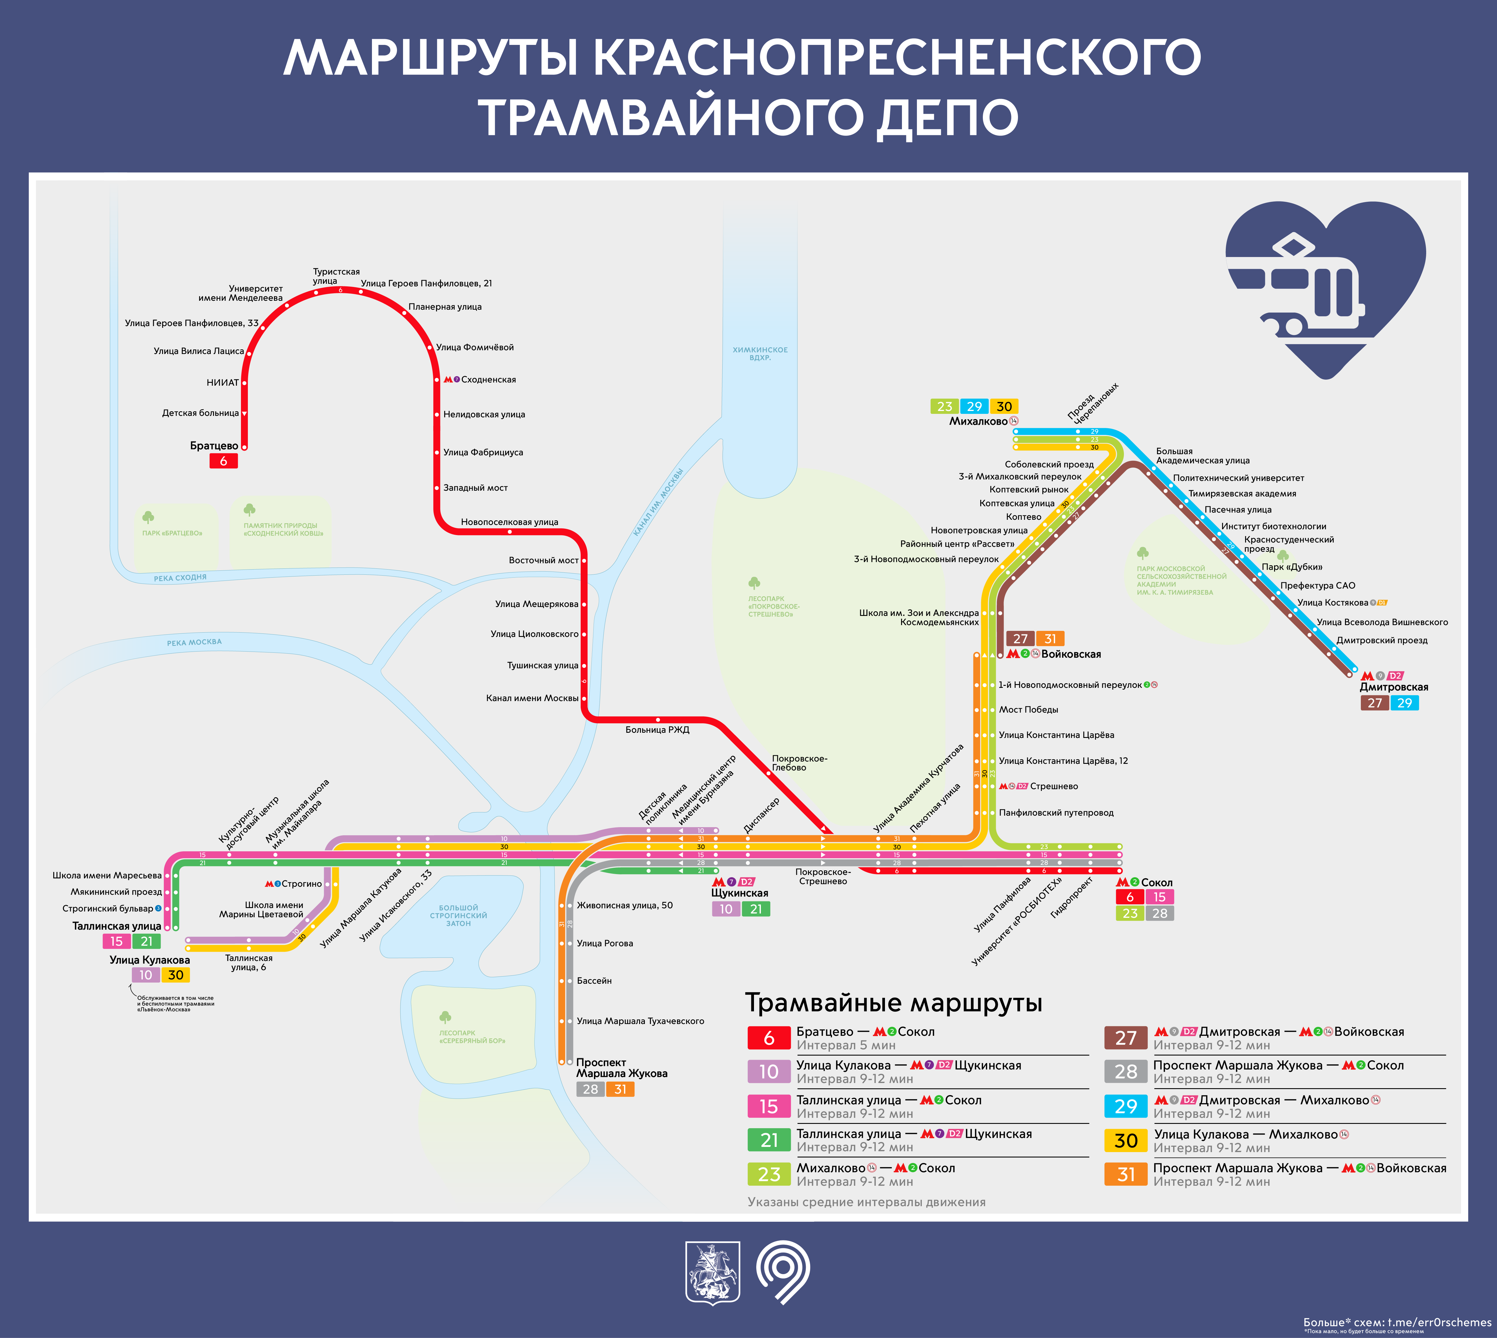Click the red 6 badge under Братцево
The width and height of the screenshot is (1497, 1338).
[223, 461]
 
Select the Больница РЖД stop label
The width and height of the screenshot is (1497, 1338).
[657, 729]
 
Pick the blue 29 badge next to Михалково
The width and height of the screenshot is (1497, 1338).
[974, 407]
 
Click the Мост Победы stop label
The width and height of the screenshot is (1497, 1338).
[1028, 709]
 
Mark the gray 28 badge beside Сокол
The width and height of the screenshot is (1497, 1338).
[1160, 913]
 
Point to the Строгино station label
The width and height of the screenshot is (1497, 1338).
[301, 884]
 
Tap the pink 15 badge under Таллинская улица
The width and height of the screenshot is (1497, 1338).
[116, 941]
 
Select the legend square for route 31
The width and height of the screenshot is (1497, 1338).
[1126, 1174]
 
